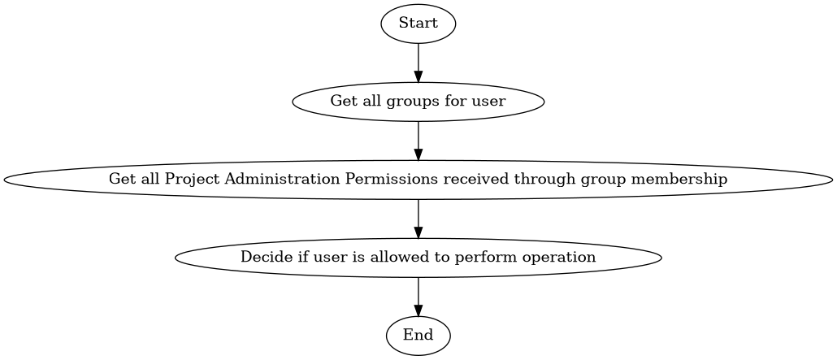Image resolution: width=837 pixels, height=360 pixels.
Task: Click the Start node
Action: (418, 24)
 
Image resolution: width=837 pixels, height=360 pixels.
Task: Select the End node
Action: (418, 335)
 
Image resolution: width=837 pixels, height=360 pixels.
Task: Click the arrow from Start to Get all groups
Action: (418, 63)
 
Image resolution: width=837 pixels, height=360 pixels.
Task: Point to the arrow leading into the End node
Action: (418, 297)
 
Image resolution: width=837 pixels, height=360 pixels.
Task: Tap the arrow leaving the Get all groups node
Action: (418, 141)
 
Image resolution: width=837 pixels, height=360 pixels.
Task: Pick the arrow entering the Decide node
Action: (418, 219)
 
